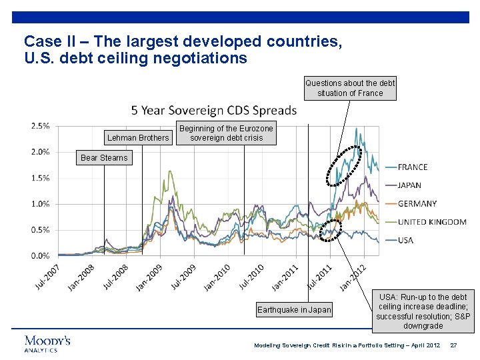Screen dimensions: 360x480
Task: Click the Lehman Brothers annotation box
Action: tap(138, 138)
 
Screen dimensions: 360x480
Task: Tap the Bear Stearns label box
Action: tap(104, 158)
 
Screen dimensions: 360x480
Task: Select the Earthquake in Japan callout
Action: tap(294, 309)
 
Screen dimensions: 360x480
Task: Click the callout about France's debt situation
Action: tap(350, 88)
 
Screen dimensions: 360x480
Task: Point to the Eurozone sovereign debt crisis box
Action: tap(227, 133)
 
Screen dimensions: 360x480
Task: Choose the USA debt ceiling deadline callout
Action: tap(423, 311)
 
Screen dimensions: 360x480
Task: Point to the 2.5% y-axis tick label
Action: tap(40, 125)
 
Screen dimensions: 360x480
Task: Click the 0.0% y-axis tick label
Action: tap(40, 255)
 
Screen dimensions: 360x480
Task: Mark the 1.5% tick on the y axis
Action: tap(40, 177)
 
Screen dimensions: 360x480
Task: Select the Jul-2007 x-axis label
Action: tap(47, 277)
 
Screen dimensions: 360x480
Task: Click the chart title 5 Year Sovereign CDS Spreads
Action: tap(213, 110)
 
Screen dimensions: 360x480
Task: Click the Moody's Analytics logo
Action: tap(47, 343)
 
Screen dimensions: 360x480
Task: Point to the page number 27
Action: tap(453, 345)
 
